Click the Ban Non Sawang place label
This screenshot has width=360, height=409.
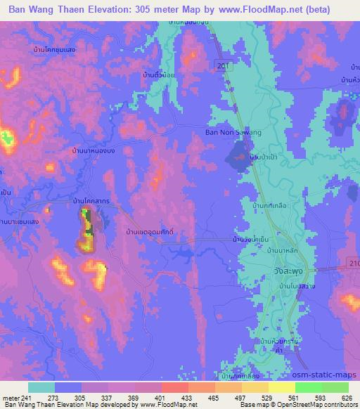coord(232,131)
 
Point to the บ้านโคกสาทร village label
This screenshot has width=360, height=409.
coord(91,201)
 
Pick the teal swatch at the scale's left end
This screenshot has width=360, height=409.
coord(41,387)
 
